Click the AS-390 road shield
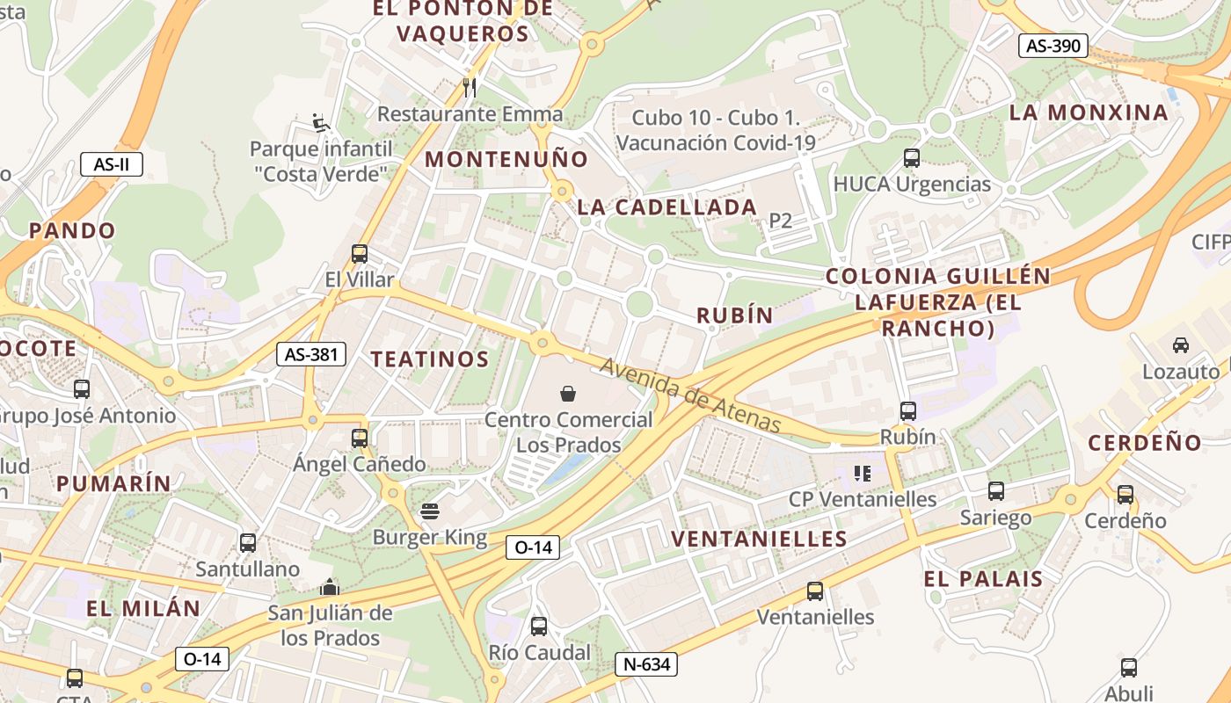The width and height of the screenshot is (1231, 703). click(1053, 46)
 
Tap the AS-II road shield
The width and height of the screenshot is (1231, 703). click(112, 164)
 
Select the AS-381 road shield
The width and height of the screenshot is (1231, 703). click(311, 355)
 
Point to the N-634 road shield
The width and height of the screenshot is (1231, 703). click(645, 664)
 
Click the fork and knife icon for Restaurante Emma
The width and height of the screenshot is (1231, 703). click(470, 87)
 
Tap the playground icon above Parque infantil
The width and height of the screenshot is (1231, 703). click(321, 122)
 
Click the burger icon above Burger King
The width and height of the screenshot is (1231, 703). click(430, 510)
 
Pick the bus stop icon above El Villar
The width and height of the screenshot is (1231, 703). click(360, 254)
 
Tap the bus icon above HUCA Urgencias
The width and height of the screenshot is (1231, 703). click(912, 158)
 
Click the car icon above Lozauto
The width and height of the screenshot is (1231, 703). click(1181, 345)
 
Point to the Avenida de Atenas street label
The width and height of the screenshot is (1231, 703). click(691, 395)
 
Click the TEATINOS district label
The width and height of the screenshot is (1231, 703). click(429, 359)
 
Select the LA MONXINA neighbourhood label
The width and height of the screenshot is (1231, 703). click(1089, 112)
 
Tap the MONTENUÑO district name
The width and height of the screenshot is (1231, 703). click(506, 159)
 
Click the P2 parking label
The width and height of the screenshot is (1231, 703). click(781, 221)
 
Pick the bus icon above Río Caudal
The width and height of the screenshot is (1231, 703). click(539, 627)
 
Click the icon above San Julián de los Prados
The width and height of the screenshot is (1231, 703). click(330, 586)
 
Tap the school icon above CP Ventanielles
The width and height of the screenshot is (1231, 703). click(863, 474)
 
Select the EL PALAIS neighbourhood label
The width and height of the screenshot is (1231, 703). click(983, 579)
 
